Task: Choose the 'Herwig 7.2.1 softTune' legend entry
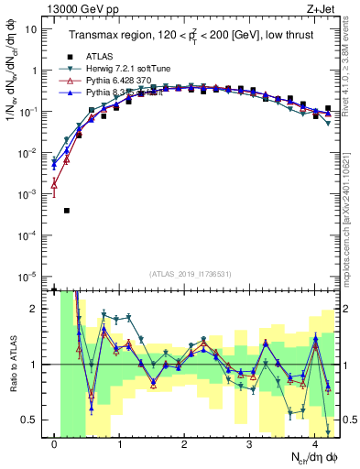127,68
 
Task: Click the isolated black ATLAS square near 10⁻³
67,211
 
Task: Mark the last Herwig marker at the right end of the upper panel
328,123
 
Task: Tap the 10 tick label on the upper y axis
33,28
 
